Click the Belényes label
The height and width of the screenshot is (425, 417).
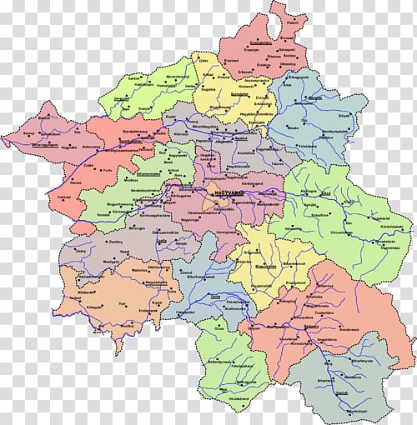(316, 342)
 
